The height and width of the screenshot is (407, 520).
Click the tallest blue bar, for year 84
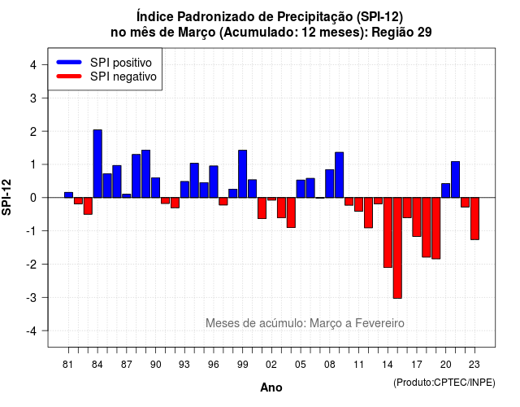pos(97,164)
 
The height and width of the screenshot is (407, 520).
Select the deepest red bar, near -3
pos(397,247)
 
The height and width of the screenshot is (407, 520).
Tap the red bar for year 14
pos(388,233)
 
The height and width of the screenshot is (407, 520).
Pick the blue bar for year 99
pos(242,173)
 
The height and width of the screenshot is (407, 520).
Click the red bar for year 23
pos(474,219)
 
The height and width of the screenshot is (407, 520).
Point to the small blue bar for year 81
pos(68,195)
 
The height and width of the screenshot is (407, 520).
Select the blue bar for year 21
pos(455,179)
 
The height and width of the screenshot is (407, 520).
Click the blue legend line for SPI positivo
pos(69,62)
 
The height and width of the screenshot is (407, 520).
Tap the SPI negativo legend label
pos(123,77)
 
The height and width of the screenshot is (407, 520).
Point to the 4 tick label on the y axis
pos(33,65)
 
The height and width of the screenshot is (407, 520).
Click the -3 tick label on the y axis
pos(31,298)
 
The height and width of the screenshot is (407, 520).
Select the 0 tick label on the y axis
pos(33,198)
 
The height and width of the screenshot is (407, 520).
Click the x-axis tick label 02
pos(271,365)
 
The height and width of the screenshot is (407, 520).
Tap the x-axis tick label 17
pos(417,365)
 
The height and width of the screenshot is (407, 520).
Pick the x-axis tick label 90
pos(155,365)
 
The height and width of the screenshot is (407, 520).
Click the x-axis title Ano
pos(271,387)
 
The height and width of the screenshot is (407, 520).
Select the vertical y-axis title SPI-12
pos(6,197)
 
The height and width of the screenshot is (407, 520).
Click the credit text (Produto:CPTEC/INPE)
pos(444,383)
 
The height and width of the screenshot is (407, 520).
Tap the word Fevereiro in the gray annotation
pos(379,323)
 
